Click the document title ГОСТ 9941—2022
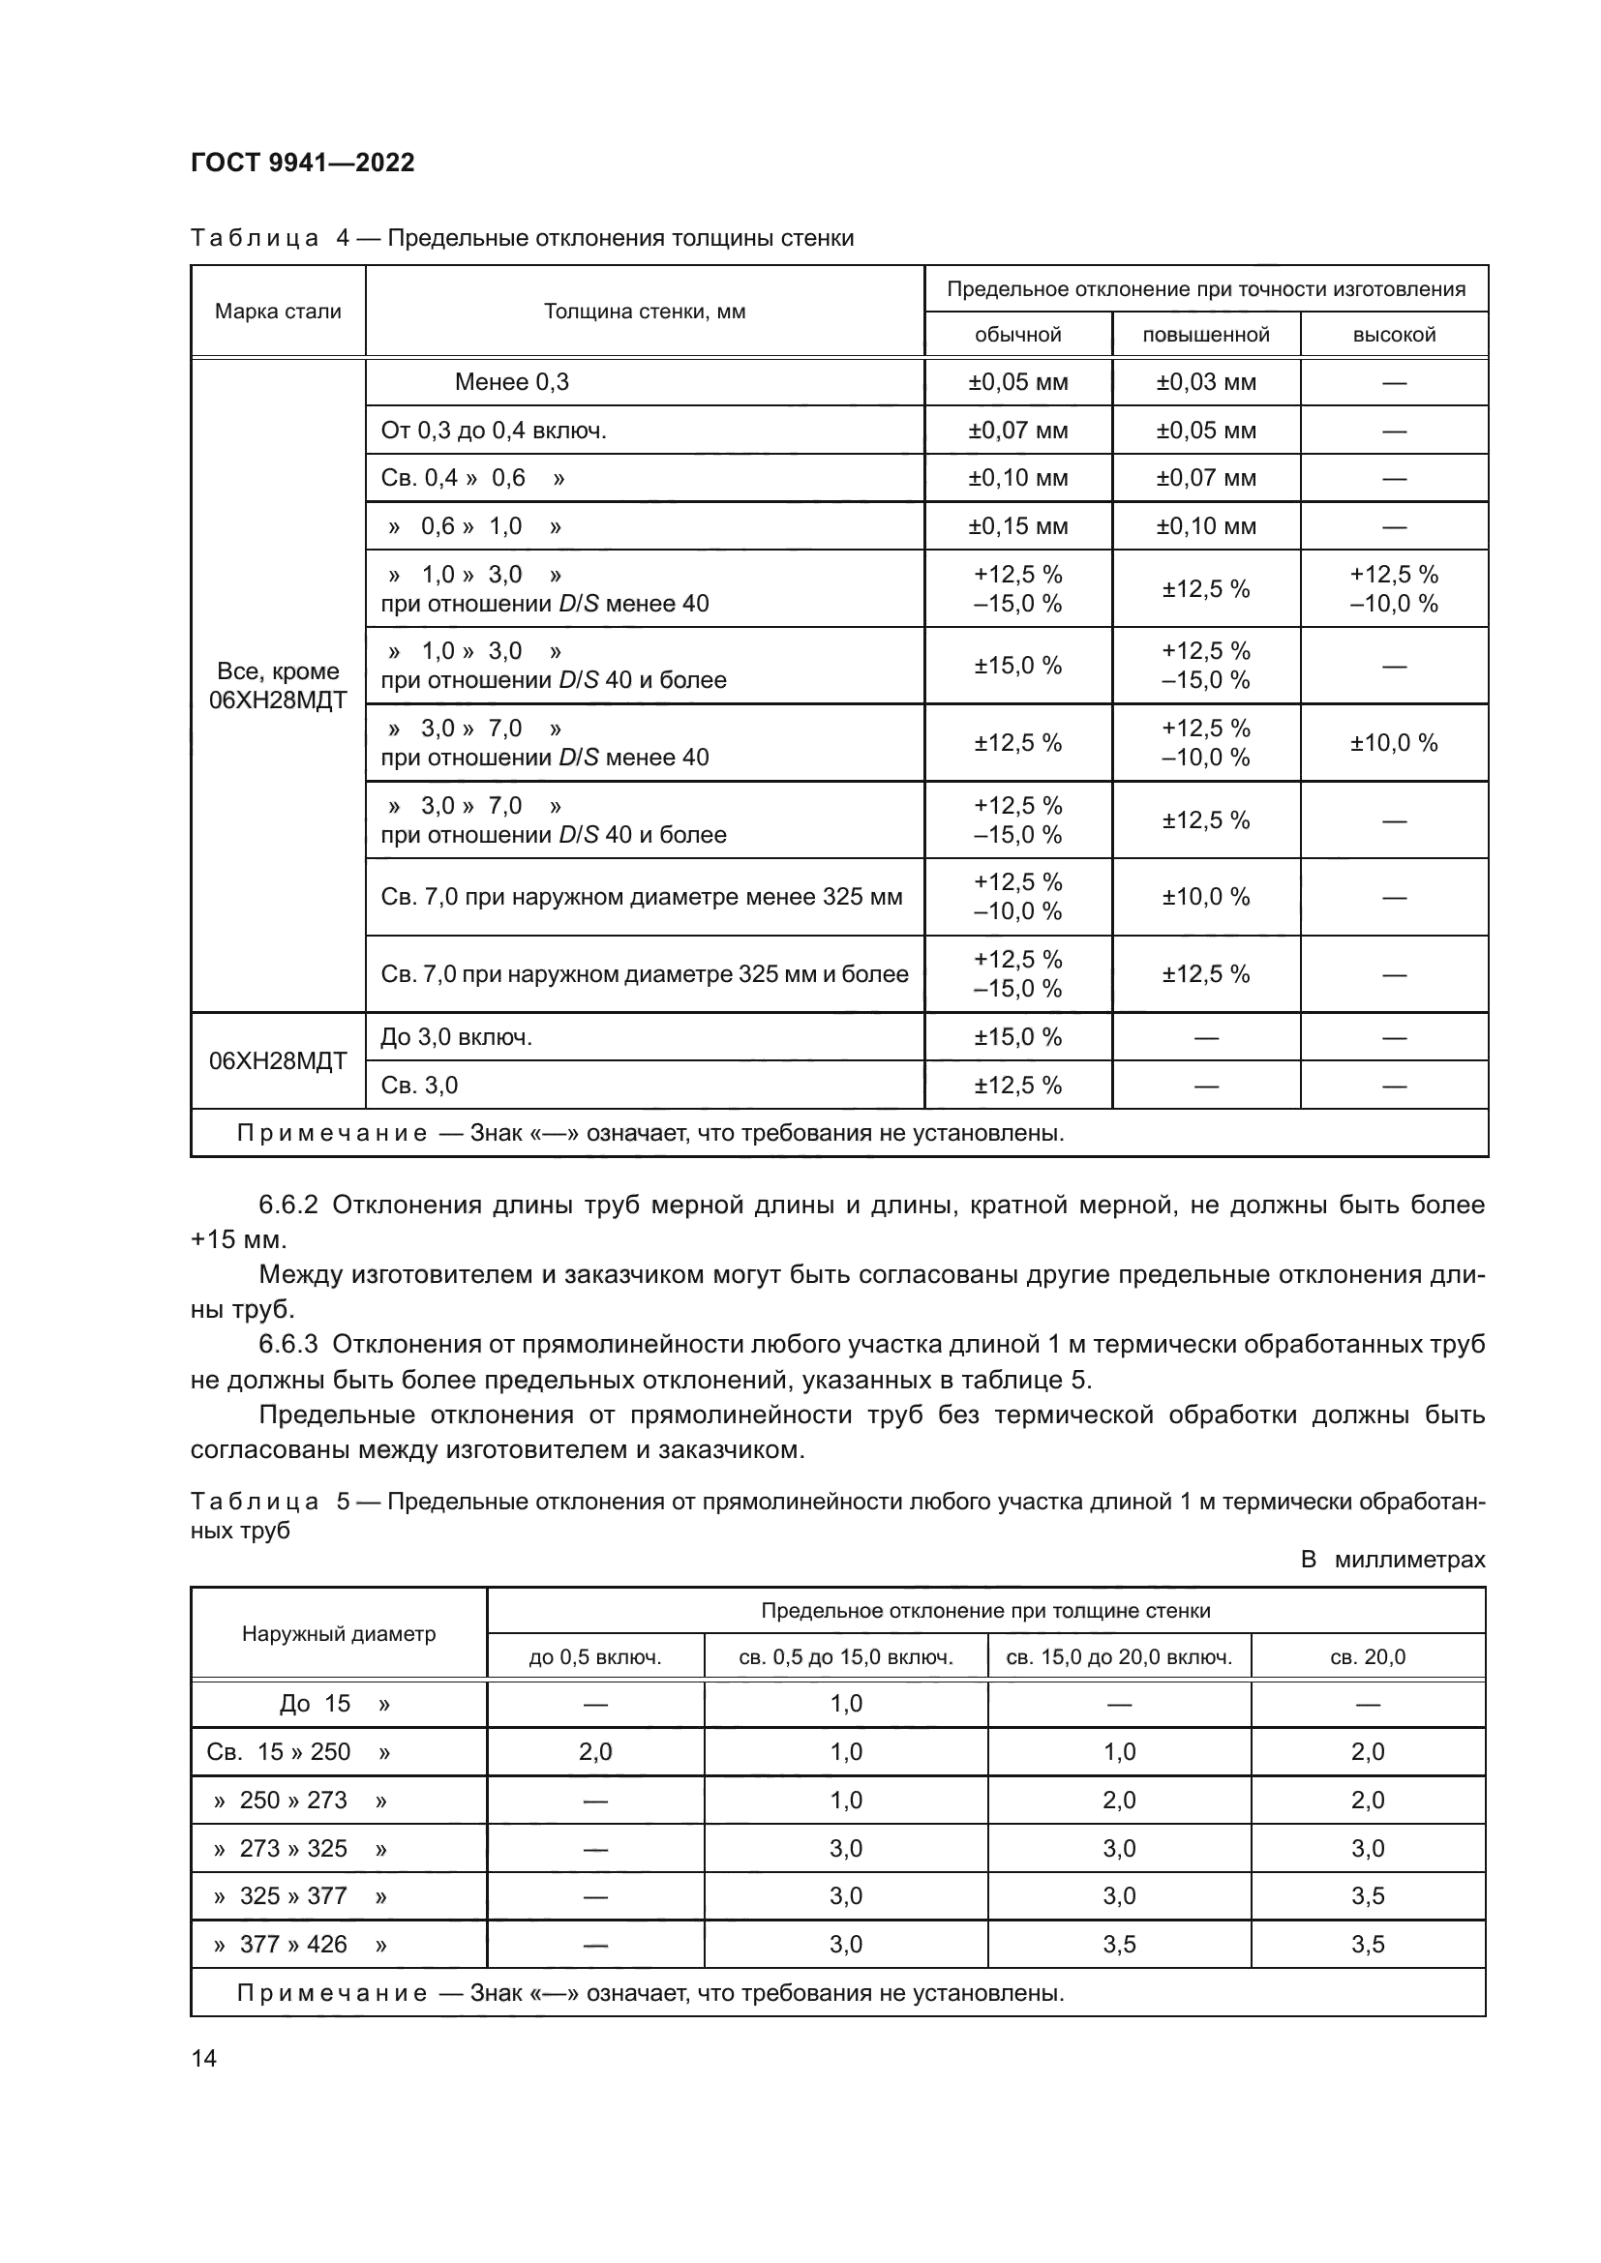tap(303, 163)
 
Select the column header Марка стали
tap(278, 312)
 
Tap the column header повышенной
tap(1206, 335)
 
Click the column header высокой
tap(1393, 335)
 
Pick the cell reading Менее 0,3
tap(512, 382)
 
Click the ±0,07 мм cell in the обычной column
tap(1017, 431)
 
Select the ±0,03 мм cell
tap(1206, 382)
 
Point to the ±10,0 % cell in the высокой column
tap(1393, 743)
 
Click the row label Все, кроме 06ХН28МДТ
tap(278, 686)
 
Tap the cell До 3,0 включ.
tap(457, 1037)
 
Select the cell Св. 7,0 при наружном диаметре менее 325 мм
tap(642, 897)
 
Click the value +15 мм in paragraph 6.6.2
tap(236, 1240)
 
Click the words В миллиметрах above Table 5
tap(1392, 1560)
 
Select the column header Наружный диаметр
tap(338, 1633)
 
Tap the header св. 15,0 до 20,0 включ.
tap(1119, 1656)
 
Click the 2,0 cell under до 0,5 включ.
tap(595, 1751)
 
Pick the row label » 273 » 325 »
tap(300, 1848)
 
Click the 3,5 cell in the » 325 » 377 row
tap(1368, 1895)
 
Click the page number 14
tap(204, 2058)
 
